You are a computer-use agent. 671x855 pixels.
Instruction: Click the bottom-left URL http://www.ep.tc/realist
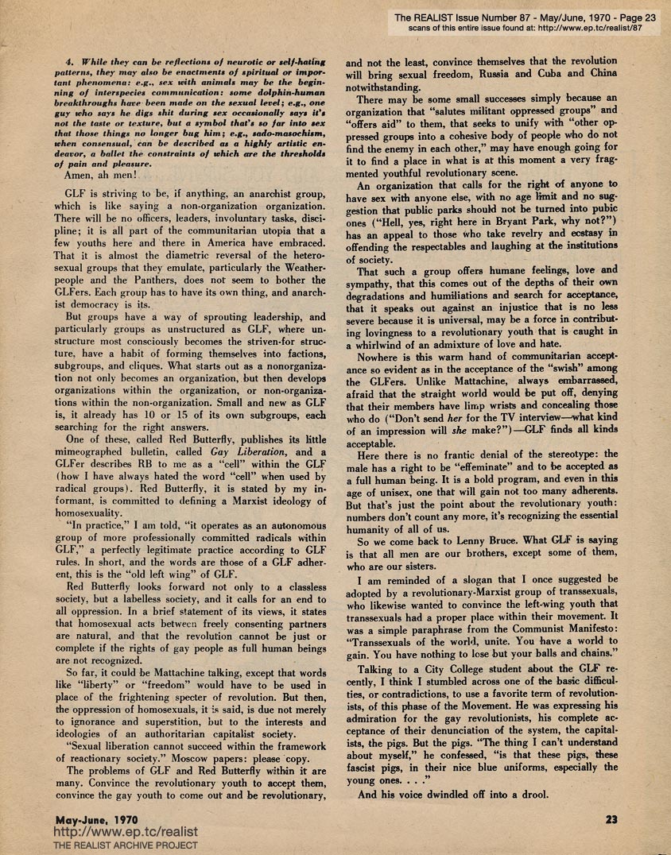pyautogui.click(x=125, y=832)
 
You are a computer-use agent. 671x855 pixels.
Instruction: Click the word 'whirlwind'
pyautogui.click(x=378, y=346)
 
